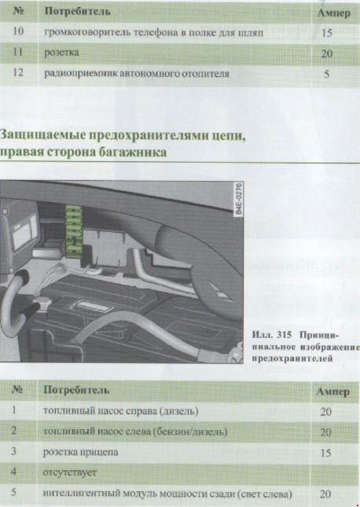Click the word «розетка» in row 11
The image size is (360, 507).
pyautogui.click(x=61, y=53)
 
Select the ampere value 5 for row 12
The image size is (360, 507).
pyautogui.click(x=327, y=74)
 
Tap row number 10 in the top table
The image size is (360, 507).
pyautogui.click(x=18, y=31)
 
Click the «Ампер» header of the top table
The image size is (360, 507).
pyautogui.click(x=334, y=13)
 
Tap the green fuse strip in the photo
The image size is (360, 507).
pyautogui.click(x=74, y=232)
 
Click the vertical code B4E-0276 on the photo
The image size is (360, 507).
pyautogui.click(x=238, y=199)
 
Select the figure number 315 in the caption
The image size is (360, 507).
pyautogui.click(x=284, y=335)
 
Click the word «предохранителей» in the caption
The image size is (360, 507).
pyautogui.click(x=292, y=358)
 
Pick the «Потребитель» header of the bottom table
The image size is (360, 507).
pyautogui.click(x=76, y=390)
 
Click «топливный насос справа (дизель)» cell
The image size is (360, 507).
pyautogui.click(x=120, y=411)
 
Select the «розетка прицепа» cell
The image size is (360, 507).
pyautogui.click(x=80, y=452)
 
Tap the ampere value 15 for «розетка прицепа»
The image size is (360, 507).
pyautogui.click(x=325, y=453)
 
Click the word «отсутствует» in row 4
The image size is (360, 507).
pyautogui.click(x=70, y=472)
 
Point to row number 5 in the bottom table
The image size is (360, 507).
pyautogui.click(x=13, y=492)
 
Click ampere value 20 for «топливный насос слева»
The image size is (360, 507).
pyautogui.click(x=325, y=432)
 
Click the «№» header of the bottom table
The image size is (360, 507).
pyautogui.click(x=17, y=389)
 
